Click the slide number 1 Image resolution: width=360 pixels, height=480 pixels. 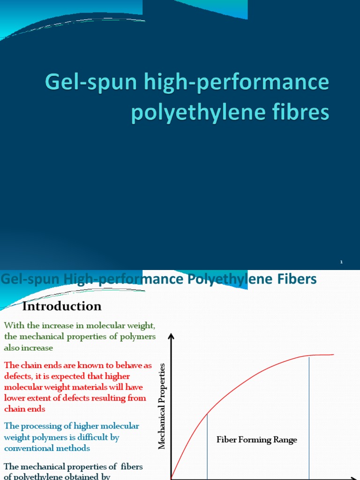point(341,262)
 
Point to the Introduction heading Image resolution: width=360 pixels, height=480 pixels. point(62,306)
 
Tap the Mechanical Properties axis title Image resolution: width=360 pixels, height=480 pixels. point(162,405)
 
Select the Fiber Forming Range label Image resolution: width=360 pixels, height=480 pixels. point(256,440)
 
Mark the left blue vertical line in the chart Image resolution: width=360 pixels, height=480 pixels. point(207,445)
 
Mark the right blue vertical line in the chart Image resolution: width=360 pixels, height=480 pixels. point(309,417)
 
